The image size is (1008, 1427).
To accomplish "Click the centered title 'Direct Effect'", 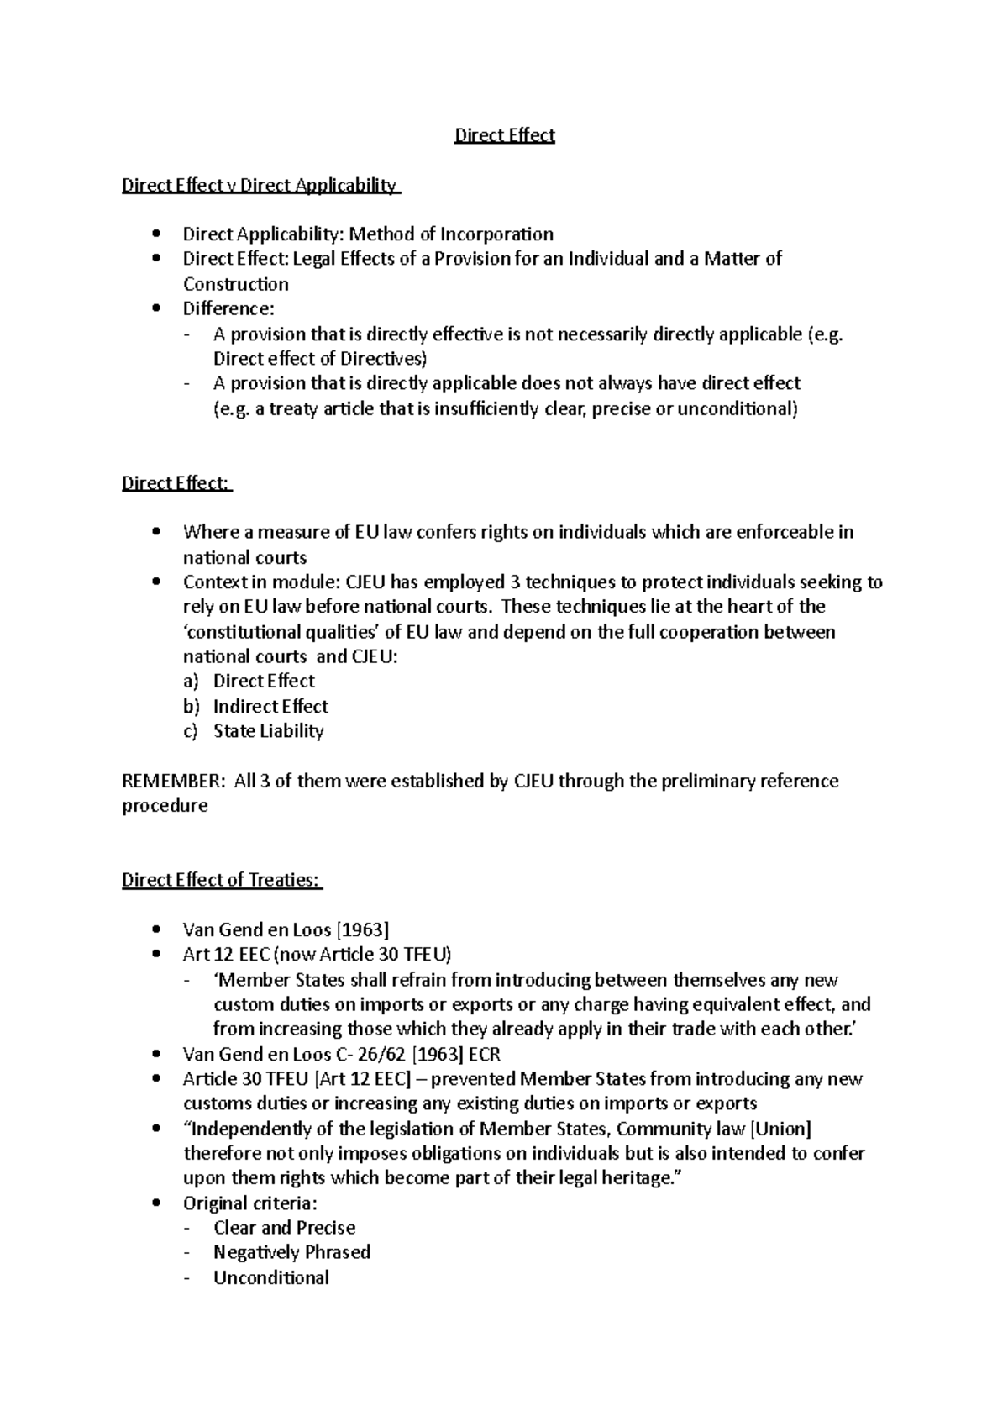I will click(x=504, y=135).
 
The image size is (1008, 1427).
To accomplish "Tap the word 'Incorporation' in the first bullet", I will click(x=496, y=234).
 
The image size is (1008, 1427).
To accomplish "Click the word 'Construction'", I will click(x=236, y=284).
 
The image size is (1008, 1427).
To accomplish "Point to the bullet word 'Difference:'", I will click(x=228, y=309).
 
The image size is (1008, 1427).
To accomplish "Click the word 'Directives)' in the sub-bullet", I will click(x=384, y=359).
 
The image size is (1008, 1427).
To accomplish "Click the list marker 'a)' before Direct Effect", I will click(x=191, y=682).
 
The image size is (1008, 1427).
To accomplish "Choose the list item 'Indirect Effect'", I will click(x=270, y=707).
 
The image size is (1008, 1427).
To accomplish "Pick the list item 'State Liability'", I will click(x=268, y=731).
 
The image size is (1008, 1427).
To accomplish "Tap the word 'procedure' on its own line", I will click(x=165, y=806).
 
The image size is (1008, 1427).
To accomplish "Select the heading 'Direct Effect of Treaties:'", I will click(x=221, y=880).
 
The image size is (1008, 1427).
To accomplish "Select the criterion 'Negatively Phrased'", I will click(x=291, y=1252).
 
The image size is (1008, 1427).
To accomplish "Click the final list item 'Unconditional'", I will click(x=270, y=1278).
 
